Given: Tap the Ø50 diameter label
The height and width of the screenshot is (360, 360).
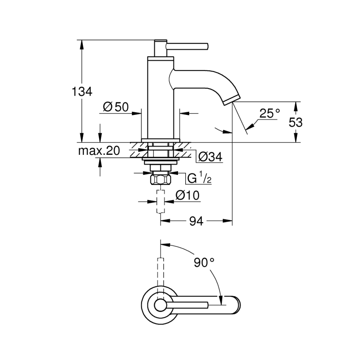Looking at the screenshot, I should coord(115,107).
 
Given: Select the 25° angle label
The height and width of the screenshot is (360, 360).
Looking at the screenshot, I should coord(270,114).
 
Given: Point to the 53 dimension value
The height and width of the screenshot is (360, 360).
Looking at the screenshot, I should coord(296,122).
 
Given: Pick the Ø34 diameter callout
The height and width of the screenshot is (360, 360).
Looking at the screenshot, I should coord(210,157).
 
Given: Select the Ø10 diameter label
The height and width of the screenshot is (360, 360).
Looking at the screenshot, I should coord(188,196).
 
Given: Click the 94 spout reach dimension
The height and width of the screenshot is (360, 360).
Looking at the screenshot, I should coord(196,221).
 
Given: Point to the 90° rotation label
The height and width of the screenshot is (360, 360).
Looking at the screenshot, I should coord(204,263).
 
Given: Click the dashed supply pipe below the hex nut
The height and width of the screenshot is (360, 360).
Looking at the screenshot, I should coord(160,202).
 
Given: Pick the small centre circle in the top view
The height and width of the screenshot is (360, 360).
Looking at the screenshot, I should coord(160,305).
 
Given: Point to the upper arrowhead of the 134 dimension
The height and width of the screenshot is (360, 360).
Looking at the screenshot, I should coord(82,43).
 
